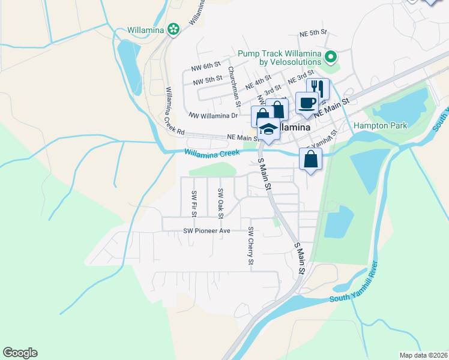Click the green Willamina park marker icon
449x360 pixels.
173,29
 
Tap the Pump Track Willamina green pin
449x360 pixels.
330,58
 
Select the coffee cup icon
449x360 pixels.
306,103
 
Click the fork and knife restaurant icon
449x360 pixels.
318,89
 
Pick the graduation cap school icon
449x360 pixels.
268,129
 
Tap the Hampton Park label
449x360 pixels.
380,125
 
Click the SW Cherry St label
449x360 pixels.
251,246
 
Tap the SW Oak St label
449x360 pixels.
220,203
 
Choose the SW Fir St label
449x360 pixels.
194,203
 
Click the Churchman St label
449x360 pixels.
234,87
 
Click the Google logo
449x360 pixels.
20,353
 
